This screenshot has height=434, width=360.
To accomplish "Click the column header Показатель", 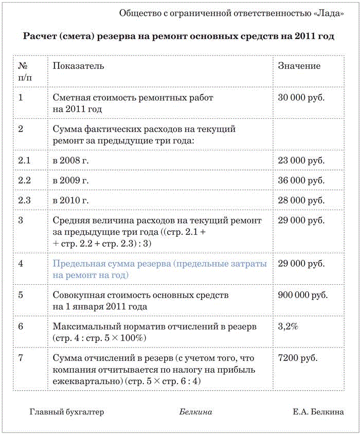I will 78,66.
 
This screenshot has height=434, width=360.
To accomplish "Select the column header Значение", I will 299,66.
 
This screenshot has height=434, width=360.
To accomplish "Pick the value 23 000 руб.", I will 301,161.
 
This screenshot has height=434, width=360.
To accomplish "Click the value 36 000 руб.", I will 301,181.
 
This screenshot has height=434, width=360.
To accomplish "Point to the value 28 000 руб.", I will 301,200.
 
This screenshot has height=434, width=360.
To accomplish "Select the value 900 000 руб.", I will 302,296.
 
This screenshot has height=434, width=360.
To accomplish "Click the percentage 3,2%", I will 288,327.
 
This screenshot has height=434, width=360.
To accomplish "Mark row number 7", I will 21,358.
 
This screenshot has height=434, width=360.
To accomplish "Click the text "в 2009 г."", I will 71,181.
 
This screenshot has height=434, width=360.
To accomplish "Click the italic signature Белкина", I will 196,412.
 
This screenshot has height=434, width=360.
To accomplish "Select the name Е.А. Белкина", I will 318,412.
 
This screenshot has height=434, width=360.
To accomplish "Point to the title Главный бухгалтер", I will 67,412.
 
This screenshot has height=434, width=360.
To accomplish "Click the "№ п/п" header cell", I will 24,72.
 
